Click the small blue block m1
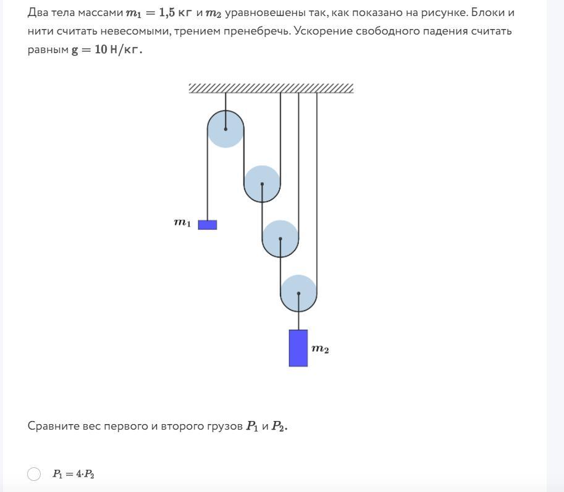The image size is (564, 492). click(x=207, y=225)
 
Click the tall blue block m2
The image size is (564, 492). click(x=298, y=348)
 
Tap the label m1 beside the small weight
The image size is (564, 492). click(x=182, y=223)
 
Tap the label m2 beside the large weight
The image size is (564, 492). click(x=320, y=349)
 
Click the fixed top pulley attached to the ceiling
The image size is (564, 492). click(x=225, y=128)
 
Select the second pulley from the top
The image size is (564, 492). click(x=262, y=183)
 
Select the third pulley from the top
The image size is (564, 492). click(x=280, y=238)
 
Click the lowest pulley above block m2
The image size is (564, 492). click(x=298, y=293)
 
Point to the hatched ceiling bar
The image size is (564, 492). click(x=271, y=88)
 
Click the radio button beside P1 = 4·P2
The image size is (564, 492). click(x=34, y=474)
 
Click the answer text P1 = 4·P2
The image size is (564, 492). click(x=74, y=474)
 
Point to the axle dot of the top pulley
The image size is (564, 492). click(x=225, y=129)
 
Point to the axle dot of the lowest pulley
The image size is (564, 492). click(x=298, y=294)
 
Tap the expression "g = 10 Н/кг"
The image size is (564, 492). click(x=107, y=49)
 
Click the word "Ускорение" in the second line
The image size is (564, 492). click(x=322, y=31)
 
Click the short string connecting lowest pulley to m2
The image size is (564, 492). click(x=298, y=321)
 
